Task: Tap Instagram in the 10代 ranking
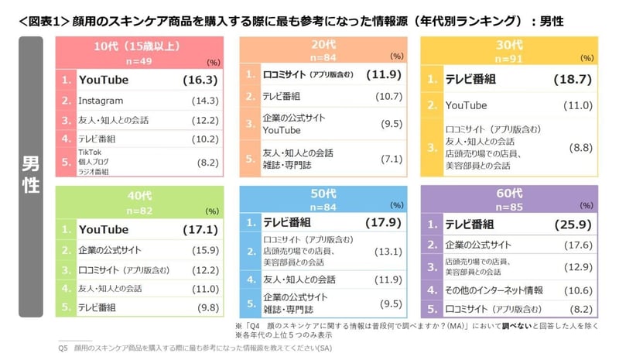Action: click(101, 101)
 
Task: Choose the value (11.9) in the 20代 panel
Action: click(386, 75)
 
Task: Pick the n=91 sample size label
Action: click(508, 59)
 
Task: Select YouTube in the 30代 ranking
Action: click(466, 105)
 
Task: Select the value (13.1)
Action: click(386, 252)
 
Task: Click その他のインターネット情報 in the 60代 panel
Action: click(494, 290)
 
